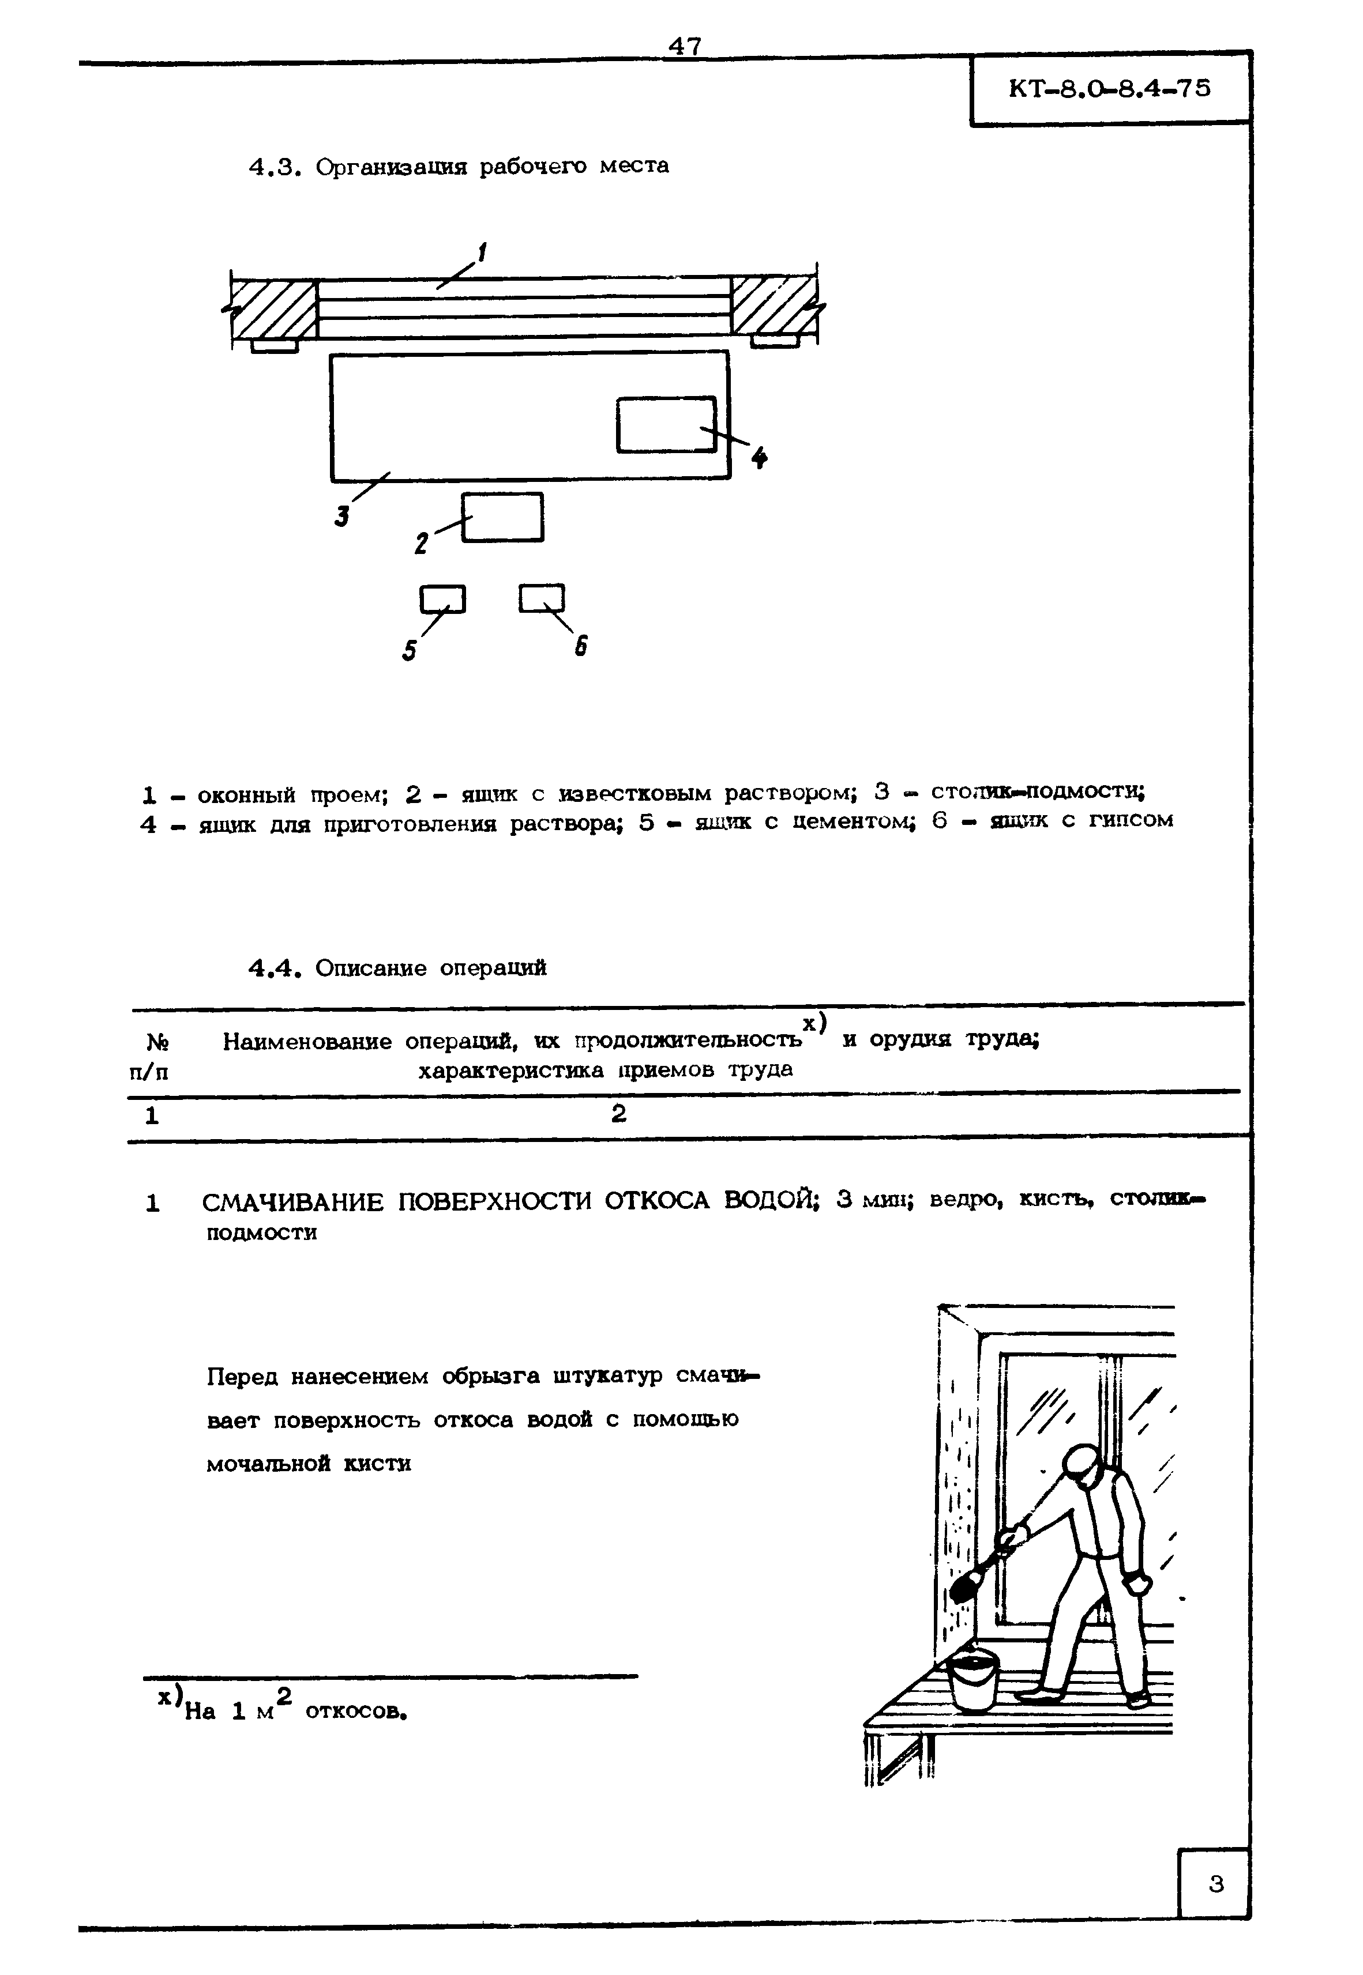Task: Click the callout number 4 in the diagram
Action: [x=759, y=459]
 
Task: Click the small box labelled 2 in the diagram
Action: [x=503, y=517]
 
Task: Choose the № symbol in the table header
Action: [x=157, y=1043]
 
